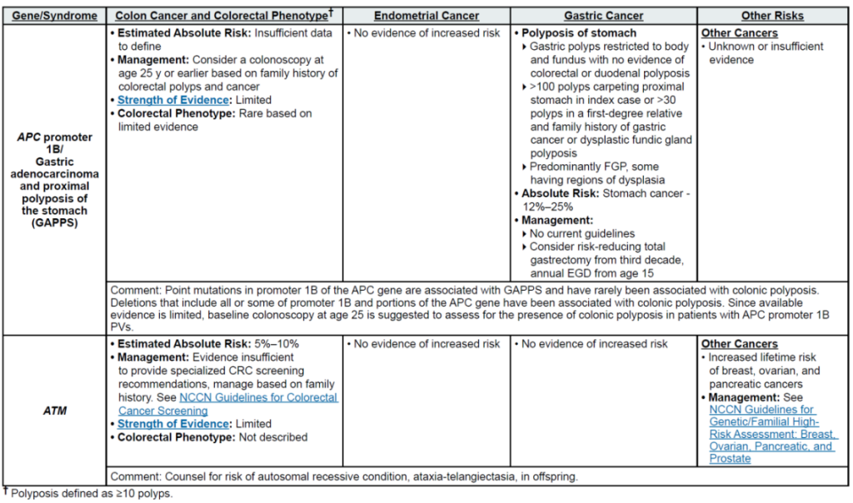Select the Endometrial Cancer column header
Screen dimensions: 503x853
pyautogui.click(x=426, y=16)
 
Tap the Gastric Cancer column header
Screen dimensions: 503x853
pyautogui.click(x=603, y=16)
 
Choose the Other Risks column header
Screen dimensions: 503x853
pyautogui.click(x=771, y=16)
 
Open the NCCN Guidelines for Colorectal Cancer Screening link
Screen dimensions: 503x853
pyautogui.click(x=227, y=404)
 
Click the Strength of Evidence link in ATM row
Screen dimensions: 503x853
pyautogui.click(x=172, y=424)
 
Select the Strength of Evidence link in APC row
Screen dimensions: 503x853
pyautogui.click(x=172, y=100)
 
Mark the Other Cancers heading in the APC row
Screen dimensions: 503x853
pyautogui.click(x=740, y=33)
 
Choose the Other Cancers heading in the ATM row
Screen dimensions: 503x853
pyautogui.click(x=740, y=344)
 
